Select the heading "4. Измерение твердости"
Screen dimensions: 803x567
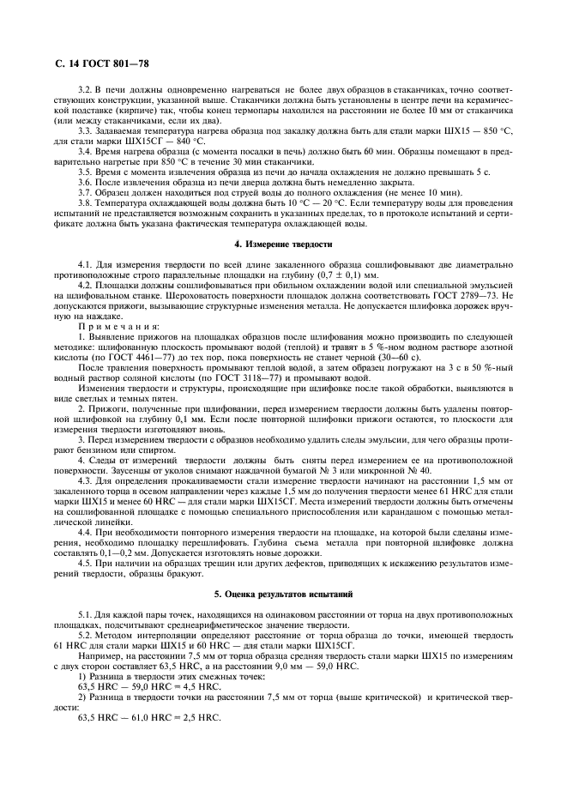pyautogui.click(x=283, y=245)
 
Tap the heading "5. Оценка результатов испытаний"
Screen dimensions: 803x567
pyautogui.click(x=283, y=594)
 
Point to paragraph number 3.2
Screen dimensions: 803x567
pyautogui.click(x=86, y=89)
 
